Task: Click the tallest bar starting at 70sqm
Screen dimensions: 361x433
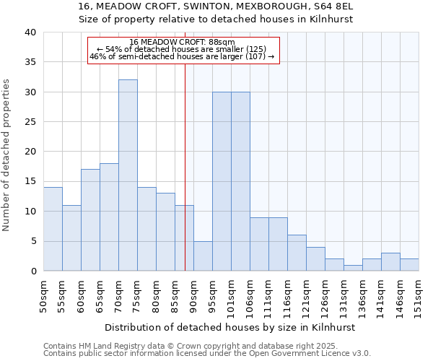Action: pyautogui.click(x=128, y=175)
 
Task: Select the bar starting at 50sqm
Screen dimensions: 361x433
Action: pyautogui.click(x=53, y=229)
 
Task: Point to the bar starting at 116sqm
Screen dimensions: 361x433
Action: pyautogui.click(x=297, y=253)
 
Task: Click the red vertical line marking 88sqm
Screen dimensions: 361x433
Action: pyautogui.click(x=185, y=166)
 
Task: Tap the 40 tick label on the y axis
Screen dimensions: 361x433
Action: pyautogui.click(x=30, y=32)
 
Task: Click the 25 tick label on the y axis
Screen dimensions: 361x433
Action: pyautogui.click(x=30, y=122)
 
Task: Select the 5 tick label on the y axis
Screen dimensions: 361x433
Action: pyautogui.click(x=33, y=241)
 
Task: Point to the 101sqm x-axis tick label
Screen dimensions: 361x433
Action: pyautogui.click(x=232, y=295)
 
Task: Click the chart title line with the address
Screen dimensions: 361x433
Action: pyautogui.click(x=215, y=6)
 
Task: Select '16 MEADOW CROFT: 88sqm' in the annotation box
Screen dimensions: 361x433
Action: pyautogui.click(x=183, y=42)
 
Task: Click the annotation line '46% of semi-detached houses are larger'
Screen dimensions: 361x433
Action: pyautogui.click(x=183, y=56)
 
